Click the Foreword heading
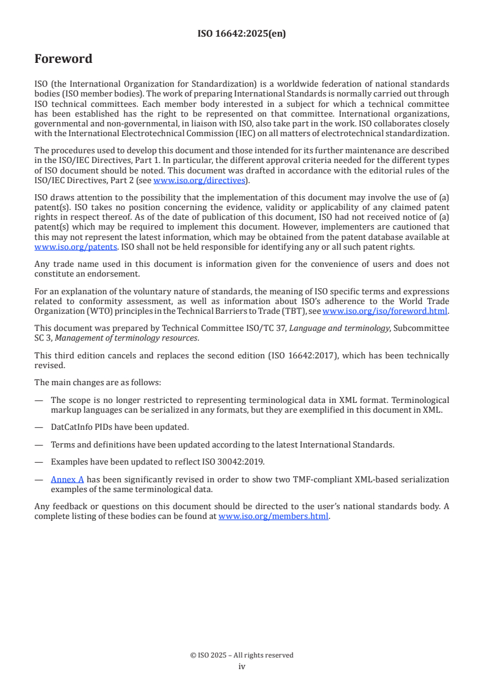click(63, 59)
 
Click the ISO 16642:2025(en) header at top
click(242, 34)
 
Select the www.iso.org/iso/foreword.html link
click(385, 311)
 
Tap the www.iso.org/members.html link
click(273, 516)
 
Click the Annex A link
click(67, 479)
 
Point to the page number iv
click(242, 666)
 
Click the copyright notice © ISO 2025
click(242, 655)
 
